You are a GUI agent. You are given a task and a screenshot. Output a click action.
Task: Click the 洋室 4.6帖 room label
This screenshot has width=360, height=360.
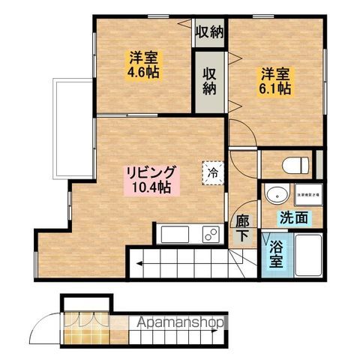point(142,65)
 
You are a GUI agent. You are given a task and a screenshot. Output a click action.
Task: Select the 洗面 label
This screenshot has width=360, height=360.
point(293,219)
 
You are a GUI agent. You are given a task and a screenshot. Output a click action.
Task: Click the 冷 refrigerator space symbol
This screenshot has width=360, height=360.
point(212,172)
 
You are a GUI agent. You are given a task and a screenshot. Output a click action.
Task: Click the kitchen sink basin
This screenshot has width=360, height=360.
point(177,235)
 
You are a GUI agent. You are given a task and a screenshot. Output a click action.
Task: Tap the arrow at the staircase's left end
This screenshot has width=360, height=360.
point(139,262)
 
